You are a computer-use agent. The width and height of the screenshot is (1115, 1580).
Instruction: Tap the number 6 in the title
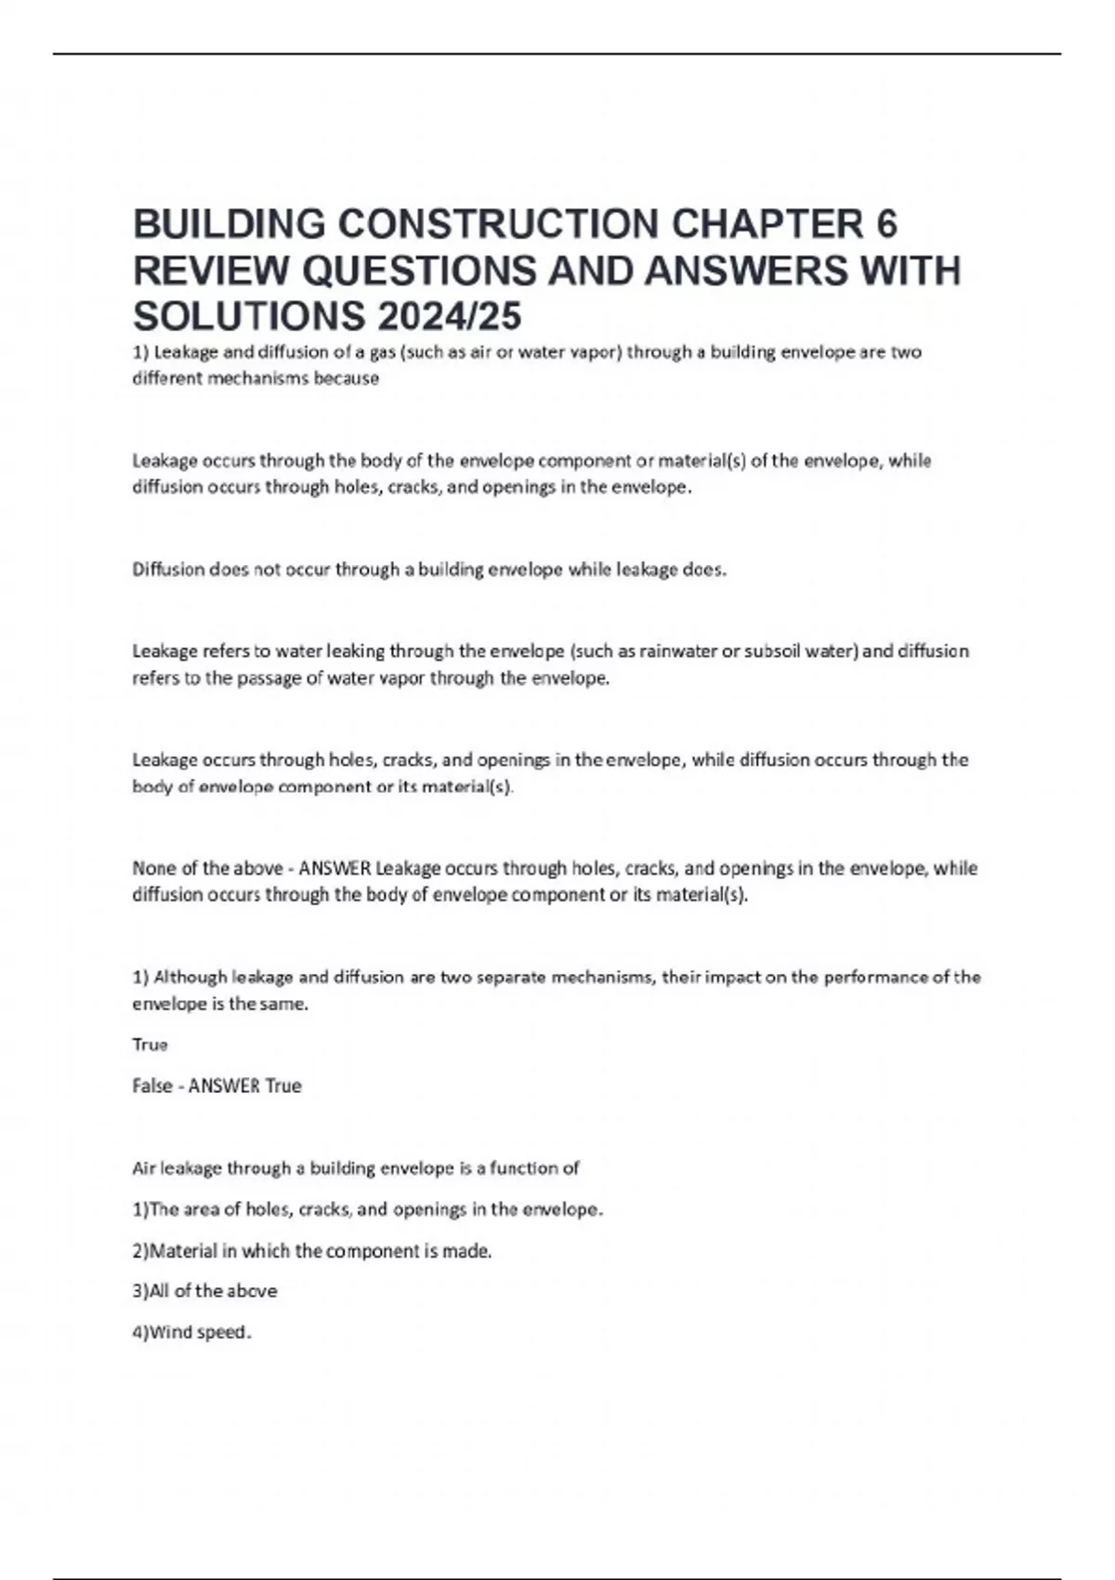pyautogui.click(x=886, y=224)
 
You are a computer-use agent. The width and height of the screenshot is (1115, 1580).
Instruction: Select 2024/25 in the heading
pyautogui.click(x=450, y=317)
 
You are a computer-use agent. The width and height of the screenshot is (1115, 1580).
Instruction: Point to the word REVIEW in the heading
pyautogui.click(x=212, y=270)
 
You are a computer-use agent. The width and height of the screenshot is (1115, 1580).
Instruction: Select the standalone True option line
pyautogui.click(x=150, y=1045)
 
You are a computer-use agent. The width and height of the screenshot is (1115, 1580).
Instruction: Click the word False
pyautogui.click(x=152, y=1086)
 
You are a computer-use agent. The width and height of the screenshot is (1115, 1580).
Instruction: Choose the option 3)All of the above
pyautogui.click(x=204, y=1291)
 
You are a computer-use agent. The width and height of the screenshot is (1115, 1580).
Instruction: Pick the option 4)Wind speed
pyautogui.click(x=191, y=1332)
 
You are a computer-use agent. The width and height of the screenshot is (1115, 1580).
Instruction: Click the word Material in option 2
pyautogui.click(x=182, y=1251)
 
